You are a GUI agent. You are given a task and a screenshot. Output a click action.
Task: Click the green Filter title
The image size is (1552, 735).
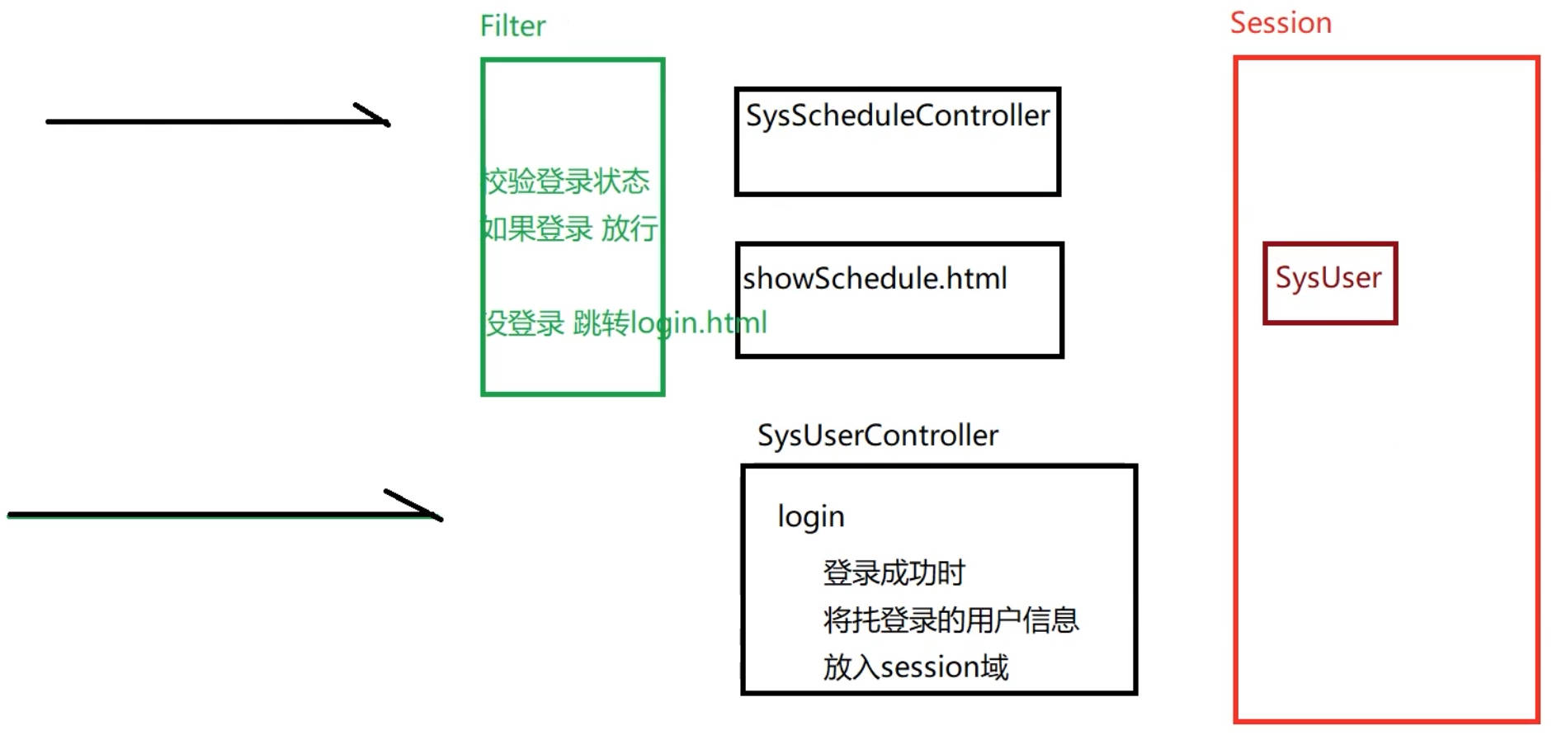(x=512, y=26)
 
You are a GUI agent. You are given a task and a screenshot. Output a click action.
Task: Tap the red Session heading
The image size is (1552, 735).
(x=1281, y=23)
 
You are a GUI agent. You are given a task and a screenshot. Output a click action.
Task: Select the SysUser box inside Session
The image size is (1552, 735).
(x=1329, y=282)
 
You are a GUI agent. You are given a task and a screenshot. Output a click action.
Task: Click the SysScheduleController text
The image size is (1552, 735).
(x=897, y=116)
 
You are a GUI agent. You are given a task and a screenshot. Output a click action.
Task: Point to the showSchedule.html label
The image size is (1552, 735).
(x=875, y=279)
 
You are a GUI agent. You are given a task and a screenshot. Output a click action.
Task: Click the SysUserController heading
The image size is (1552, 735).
(x=878, y=436)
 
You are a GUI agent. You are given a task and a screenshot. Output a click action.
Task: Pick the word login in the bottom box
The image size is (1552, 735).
(x=811, y=517)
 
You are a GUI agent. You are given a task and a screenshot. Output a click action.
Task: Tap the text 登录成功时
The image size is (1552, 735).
(x=894, y=572)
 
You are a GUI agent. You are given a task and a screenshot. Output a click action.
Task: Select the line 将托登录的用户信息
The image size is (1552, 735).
(x=951, y=620)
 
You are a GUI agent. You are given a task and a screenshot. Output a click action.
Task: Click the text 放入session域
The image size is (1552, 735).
(x=915, y=667)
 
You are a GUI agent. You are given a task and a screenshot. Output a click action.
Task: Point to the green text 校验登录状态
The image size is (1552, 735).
(x=567, y=181)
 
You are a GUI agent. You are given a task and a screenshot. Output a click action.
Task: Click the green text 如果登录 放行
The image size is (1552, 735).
(x=569, y=229)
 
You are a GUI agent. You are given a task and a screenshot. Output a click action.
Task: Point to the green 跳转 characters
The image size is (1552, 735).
(x=601, y=323)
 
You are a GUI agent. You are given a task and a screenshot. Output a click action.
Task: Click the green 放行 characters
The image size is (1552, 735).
(x=629, y=229)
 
